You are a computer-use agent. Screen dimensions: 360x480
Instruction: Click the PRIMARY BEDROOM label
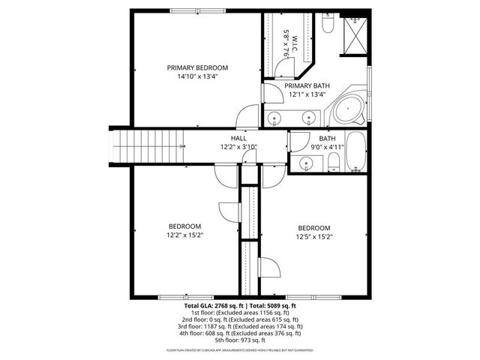pos(197,67)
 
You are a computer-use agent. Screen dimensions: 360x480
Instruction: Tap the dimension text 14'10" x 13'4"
pos(197,76)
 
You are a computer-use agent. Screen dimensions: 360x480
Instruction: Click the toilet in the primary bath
pos(328,26)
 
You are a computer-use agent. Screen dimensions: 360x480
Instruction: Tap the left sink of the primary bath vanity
pos(275,118)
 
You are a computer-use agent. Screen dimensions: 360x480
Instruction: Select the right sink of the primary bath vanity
pos(308,118)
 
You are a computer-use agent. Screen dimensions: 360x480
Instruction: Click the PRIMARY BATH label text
pos(307,86)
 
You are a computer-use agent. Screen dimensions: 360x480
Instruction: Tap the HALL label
pos(238,139)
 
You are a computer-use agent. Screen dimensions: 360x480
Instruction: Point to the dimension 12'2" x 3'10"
pos(238,147)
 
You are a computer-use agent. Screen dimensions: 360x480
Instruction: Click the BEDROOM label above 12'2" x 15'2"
pos(184,226)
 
